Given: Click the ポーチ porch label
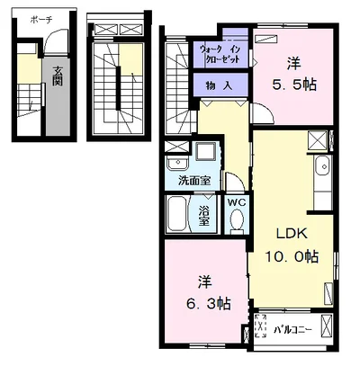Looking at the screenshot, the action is coord(41,20).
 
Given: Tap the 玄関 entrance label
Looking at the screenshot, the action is coord(58,76).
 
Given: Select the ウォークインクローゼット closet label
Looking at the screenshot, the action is coord(220,54).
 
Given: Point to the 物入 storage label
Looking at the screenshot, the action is coord(219,86).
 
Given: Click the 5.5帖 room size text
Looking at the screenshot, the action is coord(294,85).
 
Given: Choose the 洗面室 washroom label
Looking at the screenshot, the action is coord(194,181).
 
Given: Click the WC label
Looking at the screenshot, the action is coord(237,202).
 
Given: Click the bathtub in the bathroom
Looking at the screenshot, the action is coord(176,214).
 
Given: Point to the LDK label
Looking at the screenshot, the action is coord(292,234).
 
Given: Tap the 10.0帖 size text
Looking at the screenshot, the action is coord(292,256).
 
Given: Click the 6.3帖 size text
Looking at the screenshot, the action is coord(209,304).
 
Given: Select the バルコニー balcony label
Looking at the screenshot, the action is coord(292,330).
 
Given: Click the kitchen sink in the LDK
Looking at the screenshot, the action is coord(322,165).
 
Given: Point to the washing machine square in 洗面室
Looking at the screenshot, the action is coord(205,152).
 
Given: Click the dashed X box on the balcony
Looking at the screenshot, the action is coord(260,326).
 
